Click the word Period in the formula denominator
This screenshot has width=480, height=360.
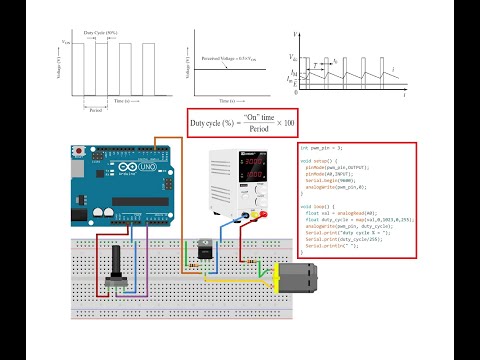[x=260, y=131]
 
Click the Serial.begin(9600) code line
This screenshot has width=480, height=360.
[x=336, y=181]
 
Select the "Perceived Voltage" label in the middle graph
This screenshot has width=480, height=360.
[x=233, y=61]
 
